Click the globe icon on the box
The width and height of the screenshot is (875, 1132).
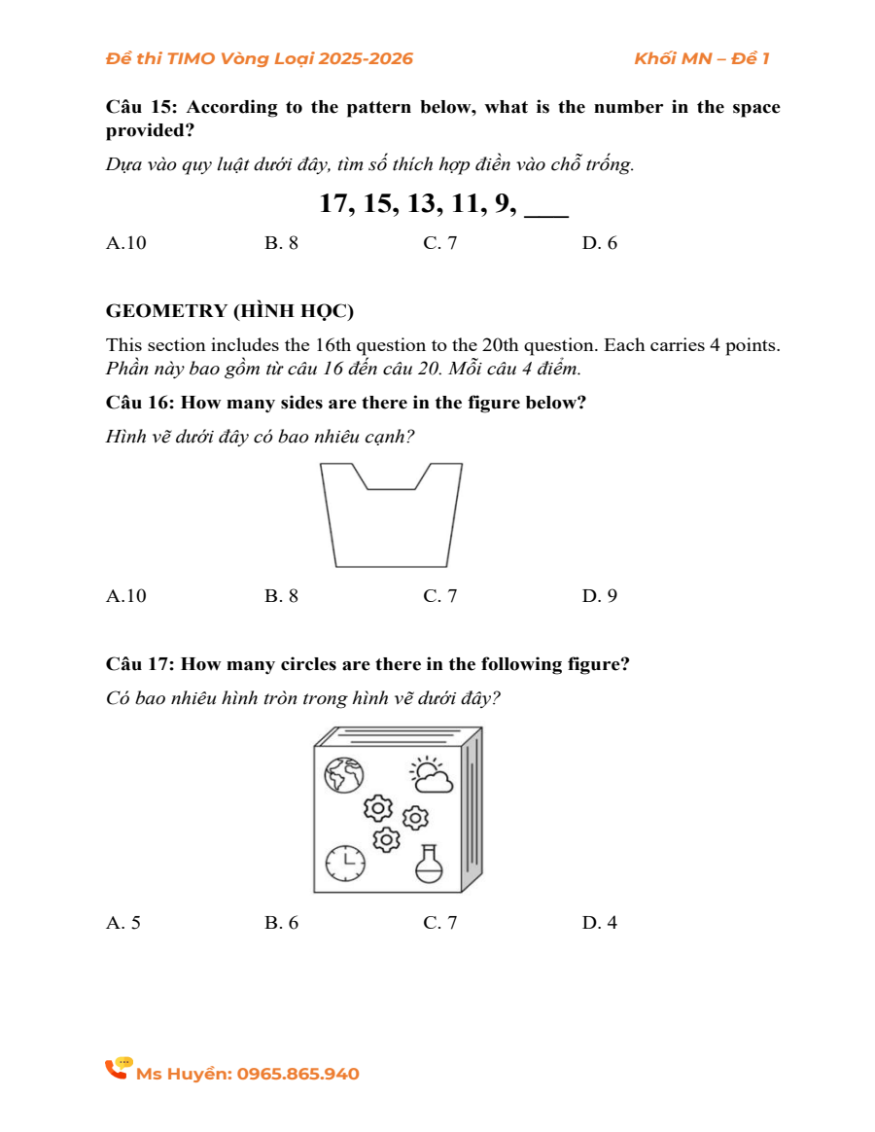343,775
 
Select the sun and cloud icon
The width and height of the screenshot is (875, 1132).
431,774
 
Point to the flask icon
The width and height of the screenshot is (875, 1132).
429,863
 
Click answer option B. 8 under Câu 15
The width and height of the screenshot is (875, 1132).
281,243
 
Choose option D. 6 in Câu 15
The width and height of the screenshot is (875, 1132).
599,243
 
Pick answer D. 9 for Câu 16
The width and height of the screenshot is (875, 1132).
599,596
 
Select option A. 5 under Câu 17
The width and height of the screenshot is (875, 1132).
123,923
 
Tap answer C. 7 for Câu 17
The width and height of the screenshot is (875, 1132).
439,923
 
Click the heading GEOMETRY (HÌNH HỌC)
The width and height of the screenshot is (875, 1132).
229,311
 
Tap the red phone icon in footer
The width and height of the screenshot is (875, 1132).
118,1069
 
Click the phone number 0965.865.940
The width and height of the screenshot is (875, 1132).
297,1074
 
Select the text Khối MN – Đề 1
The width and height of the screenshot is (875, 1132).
701,58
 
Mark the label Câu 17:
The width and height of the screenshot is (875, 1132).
140,664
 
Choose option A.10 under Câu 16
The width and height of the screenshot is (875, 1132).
126,596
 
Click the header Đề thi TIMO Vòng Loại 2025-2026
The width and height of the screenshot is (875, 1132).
260,58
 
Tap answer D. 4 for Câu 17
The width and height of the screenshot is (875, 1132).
599,923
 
